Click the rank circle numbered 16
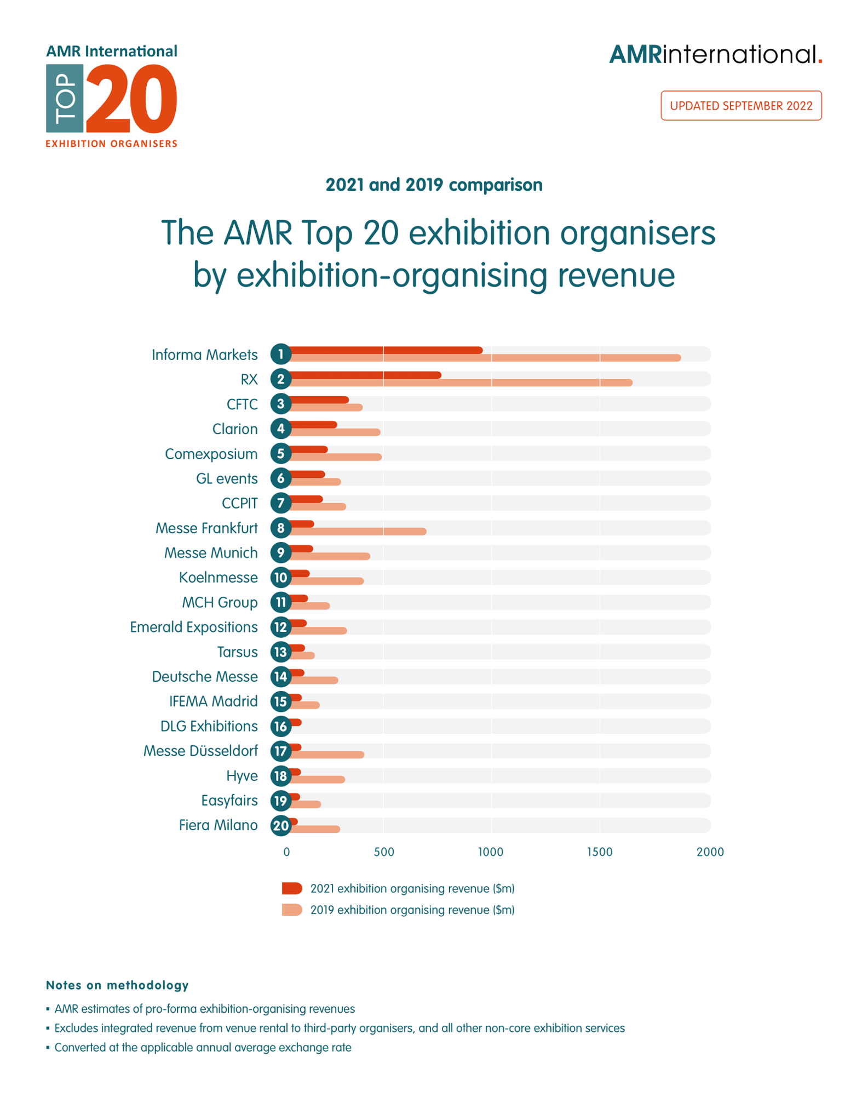pos(281,726)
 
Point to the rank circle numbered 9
pos(281,552)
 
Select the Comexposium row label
pos(211,454)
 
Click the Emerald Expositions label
pos(194,627)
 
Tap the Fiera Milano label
pos(218,825)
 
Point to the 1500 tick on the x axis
pos(600,852)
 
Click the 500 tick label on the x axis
pos(384,852)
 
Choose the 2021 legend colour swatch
pos(292,888)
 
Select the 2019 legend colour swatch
pos(292,910)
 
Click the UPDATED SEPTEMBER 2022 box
pos(741,105)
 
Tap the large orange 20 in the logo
pos(131,99)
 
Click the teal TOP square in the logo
pos(65,99)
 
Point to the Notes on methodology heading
pos(117,985)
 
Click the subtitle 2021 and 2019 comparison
pos(434,185)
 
